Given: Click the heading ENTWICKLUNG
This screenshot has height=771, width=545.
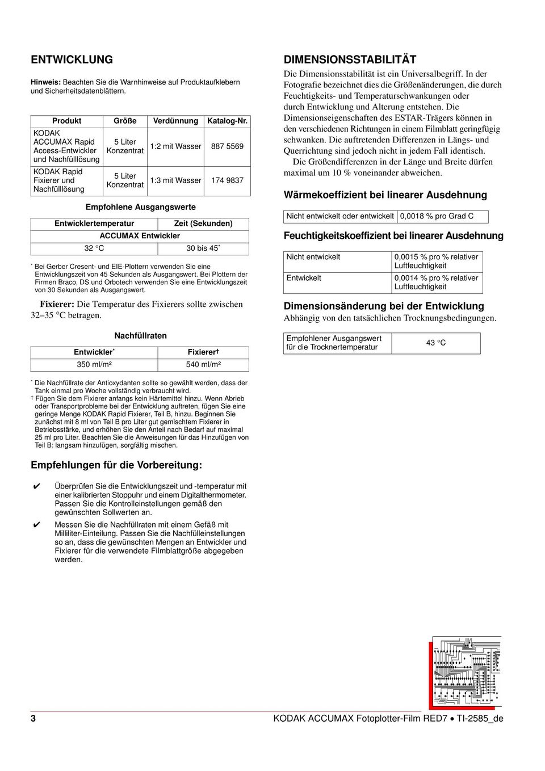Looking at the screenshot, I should point(72,60).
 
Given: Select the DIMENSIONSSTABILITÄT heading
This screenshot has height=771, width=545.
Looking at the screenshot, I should point(350,60).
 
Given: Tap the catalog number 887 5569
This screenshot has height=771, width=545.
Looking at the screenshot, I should point(227,146).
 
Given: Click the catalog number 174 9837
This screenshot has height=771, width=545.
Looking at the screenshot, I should point(227,180).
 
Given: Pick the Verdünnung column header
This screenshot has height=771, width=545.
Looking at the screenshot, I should point(175,121).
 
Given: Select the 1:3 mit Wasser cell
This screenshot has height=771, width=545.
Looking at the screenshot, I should point(175,180).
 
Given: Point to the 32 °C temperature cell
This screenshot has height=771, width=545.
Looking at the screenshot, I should point(94,248).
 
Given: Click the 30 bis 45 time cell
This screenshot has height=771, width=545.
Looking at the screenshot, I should point(203,248).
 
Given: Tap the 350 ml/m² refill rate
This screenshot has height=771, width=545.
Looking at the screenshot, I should point(94,365).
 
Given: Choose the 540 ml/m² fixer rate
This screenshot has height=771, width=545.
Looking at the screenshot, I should point(203,365).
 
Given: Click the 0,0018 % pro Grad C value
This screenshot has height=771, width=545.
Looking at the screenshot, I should point(437,216).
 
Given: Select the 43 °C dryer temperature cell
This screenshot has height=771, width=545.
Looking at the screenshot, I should point(436,343).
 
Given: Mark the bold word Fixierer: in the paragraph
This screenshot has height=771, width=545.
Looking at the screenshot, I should point(57,305).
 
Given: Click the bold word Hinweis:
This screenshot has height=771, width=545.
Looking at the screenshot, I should point(45,82).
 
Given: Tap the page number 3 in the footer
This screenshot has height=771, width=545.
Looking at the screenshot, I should point(33,718).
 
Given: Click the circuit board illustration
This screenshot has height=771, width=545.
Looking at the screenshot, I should point(466,672).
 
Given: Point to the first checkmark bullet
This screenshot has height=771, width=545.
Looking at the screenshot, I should point(36,487).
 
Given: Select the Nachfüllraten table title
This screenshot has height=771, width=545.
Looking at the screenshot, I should point(140,336).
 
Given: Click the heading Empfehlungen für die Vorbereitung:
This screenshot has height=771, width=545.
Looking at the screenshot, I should point(116,465).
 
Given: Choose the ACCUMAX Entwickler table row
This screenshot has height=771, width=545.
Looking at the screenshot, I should point(140,236).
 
